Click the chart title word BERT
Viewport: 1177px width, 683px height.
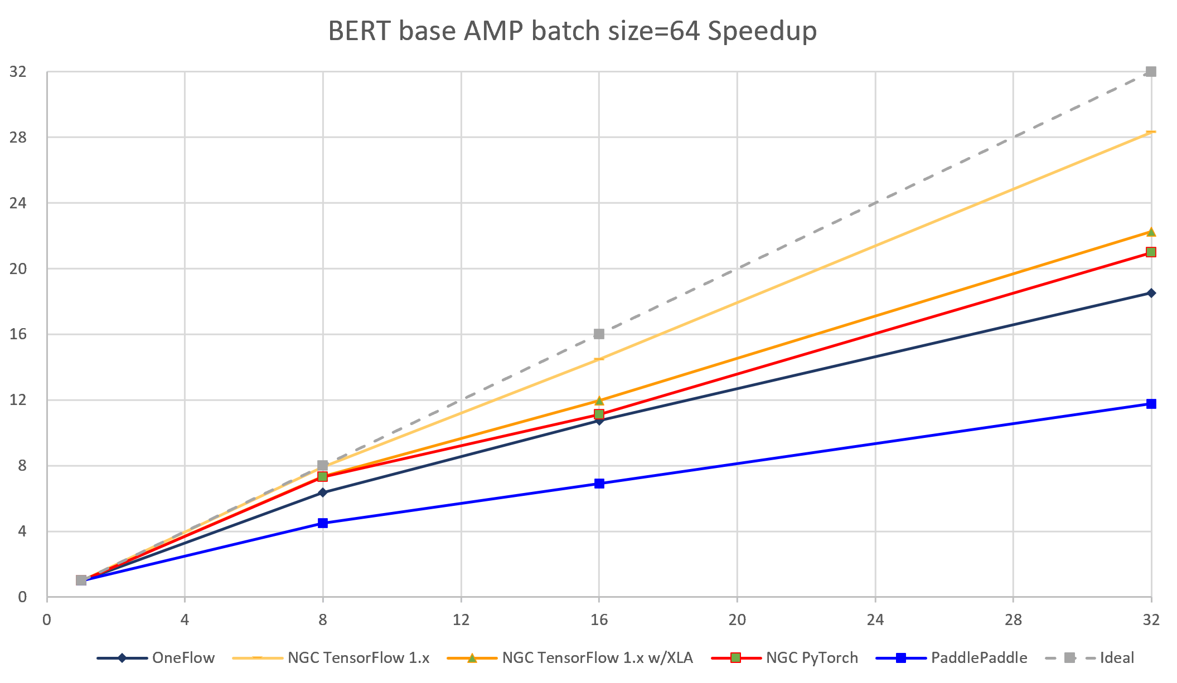[360, 31]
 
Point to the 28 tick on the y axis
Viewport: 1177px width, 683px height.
[18, 137]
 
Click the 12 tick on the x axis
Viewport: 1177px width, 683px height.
[461, 619]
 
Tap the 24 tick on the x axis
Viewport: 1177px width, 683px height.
[875, 619]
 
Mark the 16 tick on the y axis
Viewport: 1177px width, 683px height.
[18, 334]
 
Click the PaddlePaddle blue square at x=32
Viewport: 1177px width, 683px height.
[1151, 404]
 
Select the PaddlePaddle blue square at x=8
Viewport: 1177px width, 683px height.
[323, 523]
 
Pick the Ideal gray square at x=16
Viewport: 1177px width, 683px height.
[599, 334]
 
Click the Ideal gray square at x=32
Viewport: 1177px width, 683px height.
[1151, 72]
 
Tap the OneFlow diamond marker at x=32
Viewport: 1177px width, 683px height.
[1151, 293]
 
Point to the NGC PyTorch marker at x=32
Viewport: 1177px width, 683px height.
[1151, 252]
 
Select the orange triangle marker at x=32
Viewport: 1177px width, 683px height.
[1151, 232]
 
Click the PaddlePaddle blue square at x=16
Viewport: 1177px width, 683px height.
[599, 484]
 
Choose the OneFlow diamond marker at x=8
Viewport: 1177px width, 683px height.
[323, 492]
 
